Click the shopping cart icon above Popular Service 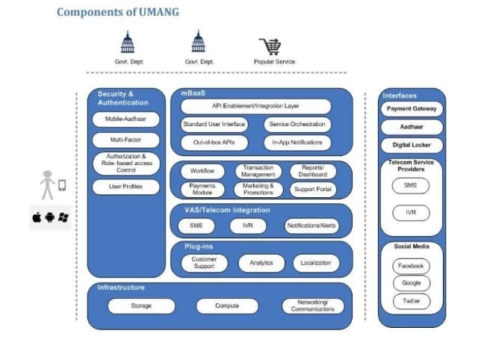pyautogui.click(x=270, y=46)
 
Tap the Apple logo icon pyautogui.click(x=37, y=217)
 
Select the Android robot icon pyautogui.click(x=50, y=217)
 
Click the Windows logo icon pyautogui.click(x=63, y=217)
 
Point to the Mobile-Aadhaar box pyautogui.click(x=125, y=120)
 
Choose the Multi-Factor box pyautogui.click(x=125, y=140)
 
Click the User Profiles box pyautogui.click(x=125, y=187)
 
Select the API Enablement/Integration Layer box pyautogui.click(x=255, y=106)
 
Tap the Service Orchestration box pyautogui.click(x=297, y=125)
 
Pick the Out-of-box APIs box pyautogui.click(x=214, y=143)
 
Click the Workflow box pyautogui.click(x=202, y=171)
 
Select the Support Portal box pyautogui.click(x=313, y=189)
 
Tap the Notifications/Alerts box pyautogui.click(x=311, y=226)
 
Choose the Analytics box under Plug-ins pyautogui.click(x=261, y=263)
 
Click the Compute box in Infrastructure pyautogui.click(x=227, y=306)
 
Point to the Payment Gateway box pyautogui.click(x=412, y=109)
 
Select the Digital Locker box pyautogui.click(x=412, y=145)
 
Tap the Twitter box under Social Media pyautogui.click(x=412, y=301)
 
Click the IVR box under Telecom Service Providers pyautogui.click(x=411, y=213)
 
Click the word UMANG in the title pyautogui.click(x=159, y=12)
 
